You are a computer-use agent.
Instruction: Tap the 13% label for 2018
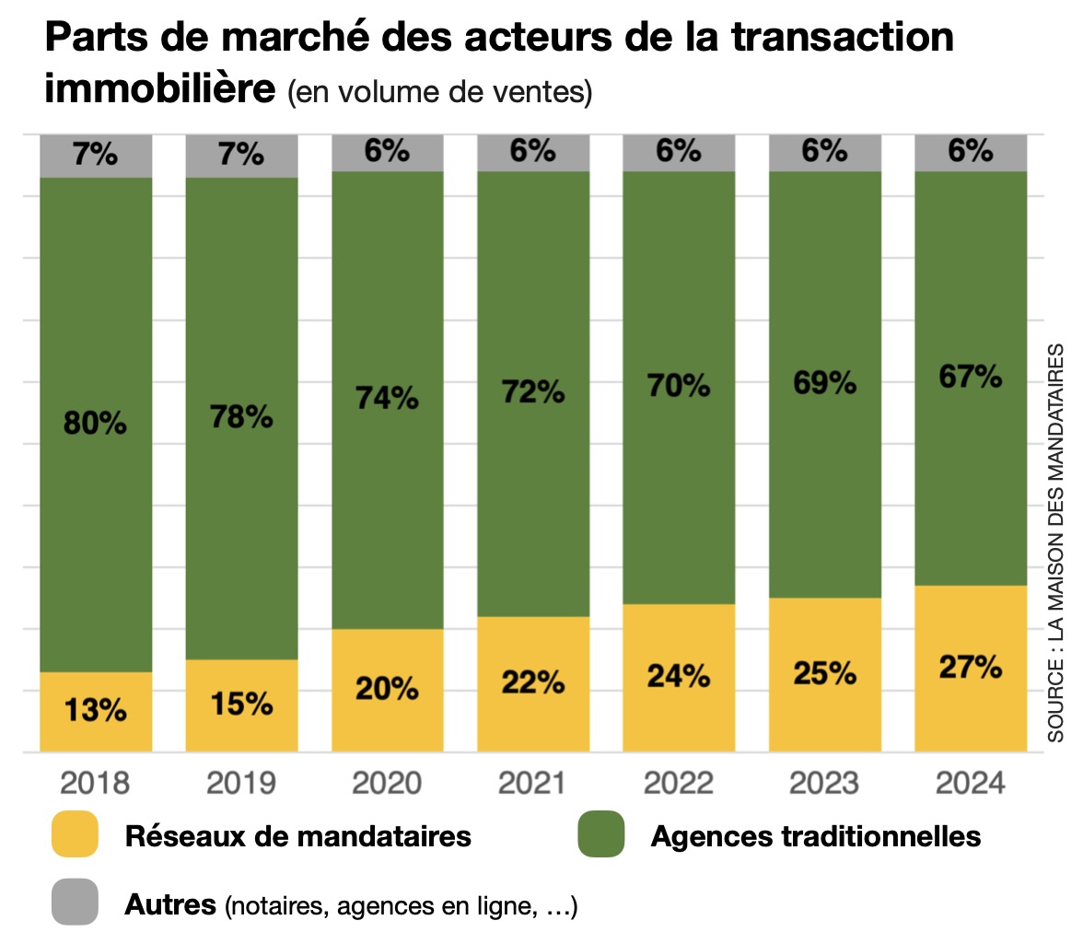pos(95,711)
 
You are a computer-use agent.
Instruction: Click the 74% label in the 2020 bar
pos(387,398)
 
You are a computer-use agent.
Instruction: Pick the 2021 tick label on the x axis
pos(532,784)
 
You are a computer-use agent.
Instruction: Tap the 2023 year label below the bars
pos(824,784)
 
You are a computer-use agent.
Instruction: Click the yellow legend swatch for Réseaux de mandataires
pos(75,835)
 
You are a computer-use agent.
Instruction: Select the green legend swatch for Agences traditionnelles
pos(600,835)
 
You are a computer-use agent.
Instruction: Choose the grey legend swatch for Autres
pos(75,902)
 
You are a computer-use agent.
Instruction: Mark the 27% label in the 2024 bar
pos(970,667)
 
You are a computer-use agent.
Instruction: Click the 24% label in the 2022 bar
pos(679,675)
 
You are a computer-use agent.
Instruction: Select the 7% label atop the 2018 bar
pos(95,154)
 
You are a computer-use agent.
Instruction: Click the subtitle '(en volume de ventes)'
pos(439,92)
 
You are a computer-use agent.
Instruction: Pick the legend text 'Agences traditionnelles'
pos(815,836)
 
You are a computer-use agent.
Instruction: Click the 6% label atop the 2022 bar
pos(679,151)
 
